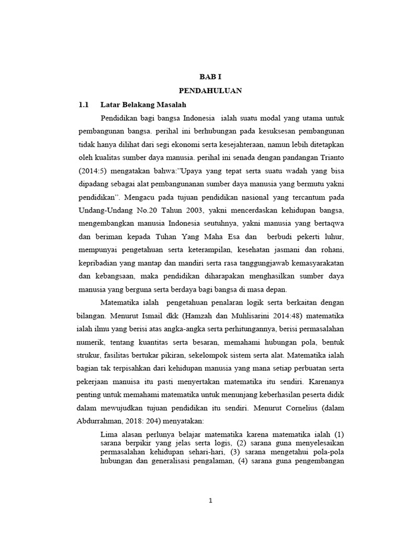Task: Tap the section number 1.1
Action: [x=84, y=104]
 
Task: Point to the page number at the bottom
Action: [x=210, y=500]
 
